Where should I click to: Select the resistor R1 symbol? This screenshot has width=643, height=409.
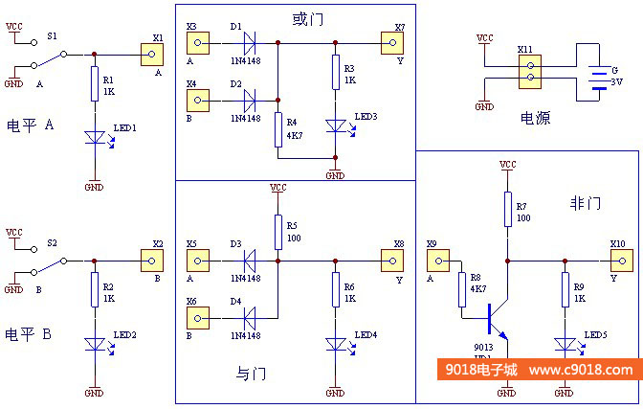tap(94, 84)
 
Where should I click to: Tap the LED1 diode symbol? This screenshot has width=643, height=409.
tap(94, 138)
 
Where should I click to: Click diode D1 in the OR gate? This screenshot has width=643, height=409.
tap(250, 42)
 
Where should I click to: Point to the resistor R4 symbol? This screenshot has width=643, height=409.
tap(277, 127)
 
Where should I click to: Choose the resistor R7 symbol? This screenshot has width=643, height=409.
tap(507, 209)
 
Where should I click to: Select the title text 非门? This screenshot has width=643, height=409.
tap(585, 203)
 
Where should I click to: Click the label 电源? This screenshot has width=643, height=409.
tap(535, 118)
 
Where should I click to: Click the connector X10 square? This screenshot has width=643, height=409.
tap(621, 260)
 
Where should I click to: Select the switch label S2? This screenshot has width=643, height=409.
tap(53, 242)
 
